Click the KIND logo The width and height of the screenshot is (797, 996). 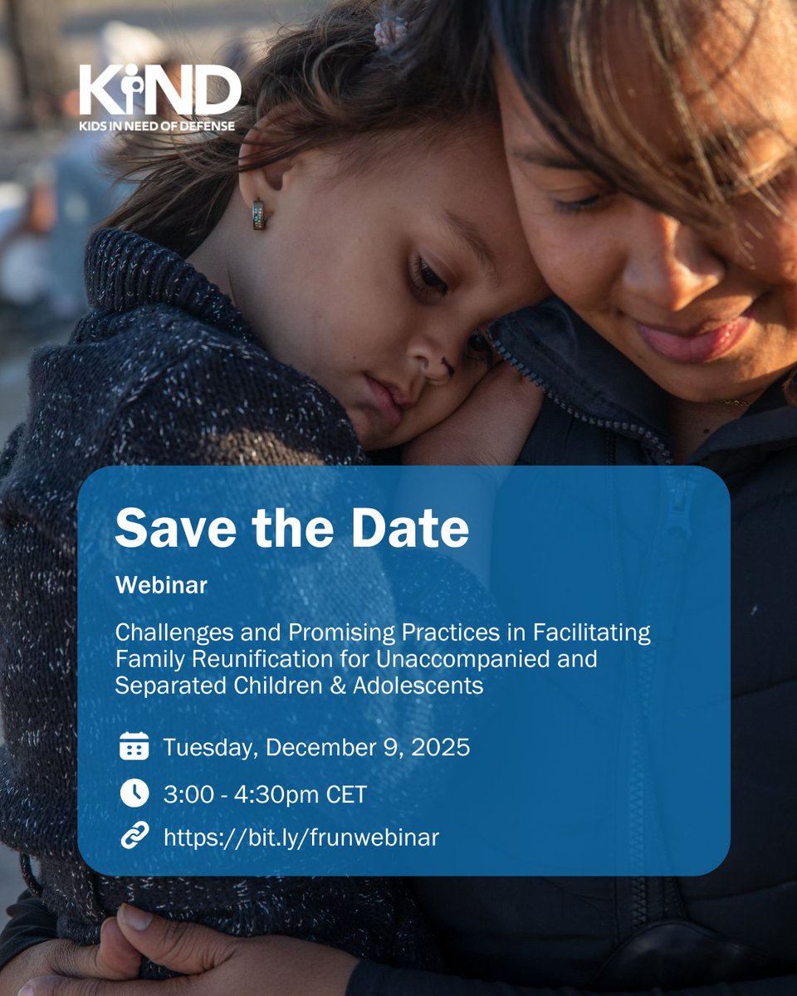(159, 90)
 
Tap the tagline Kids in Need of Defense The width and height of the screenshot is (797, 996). (157, 125)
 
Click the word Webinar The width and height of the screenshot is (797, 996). (161, 586)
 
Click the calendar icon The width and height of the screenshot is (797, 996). (134, 747)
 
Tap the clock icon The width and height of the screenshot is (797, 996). (134, 793)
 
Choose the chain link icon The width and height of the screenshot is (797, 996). (134, 837)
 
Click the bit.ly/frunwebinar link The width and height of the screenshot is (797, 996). (301, 837)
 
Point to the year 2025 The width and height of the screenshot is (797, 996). (440, 747)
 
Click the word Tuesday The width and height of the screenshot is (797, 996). (212, 747)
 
